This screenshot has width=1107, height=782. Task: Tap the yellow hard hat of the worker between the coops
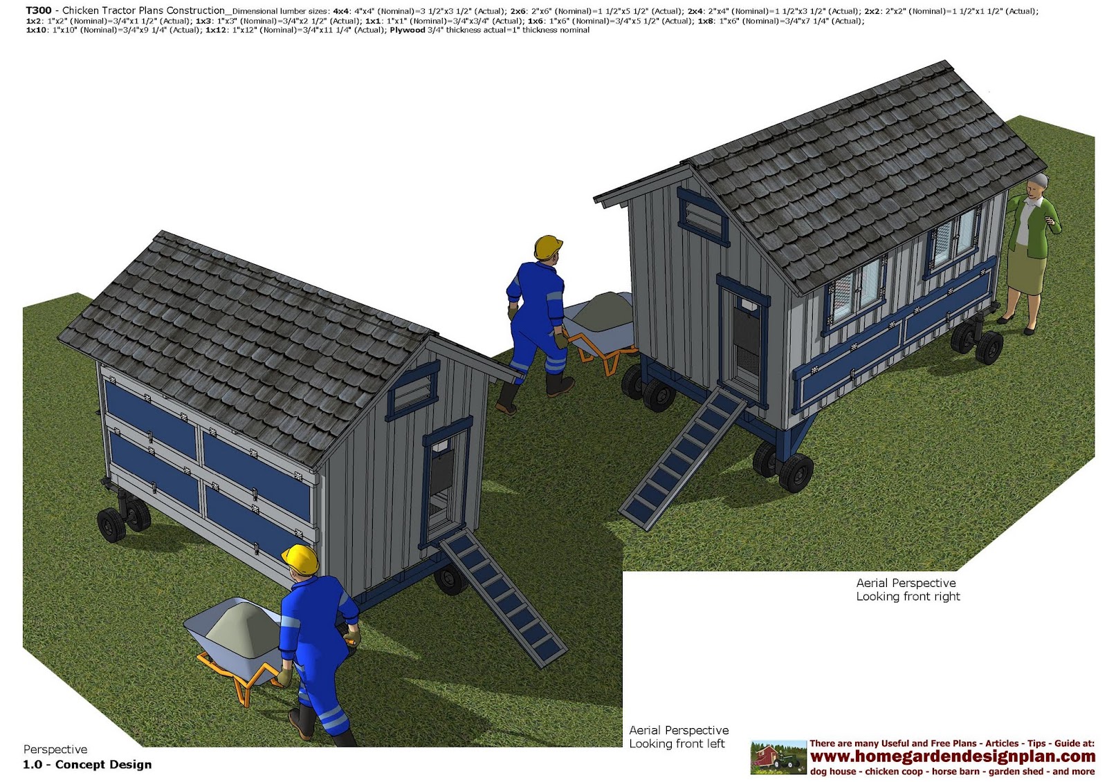pyautogui.click(x=548, y=247)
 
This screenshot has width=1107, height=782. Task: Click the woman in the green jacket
pyautogui.click(x=1030, y=252)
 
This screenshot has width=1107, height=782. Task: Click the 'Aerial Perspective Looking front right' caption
pyautogui.click(x=908, y=590)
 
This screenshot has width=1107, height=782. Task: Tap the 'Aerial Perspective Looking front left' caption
pyautogui.click(x=678, y=737)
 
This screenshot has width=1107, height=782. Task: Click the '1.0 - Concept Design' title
pyautogui.click(x=87, y=764)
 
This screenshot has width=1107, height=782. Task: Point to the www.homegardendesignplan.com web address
pyautogui.click(x=952, y=756)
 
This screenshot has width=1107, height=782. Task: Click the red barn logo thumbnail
pyautogui.click(x=778, y=757)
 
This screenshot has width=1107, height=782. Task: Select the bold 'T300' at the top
pyautogui.click(x=39, y=10)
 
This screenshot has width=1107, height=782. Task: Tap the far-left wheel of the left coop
pyautogui.click(x=111, y=525)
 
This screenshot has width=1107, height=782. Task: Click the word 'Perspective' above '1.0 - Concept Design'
pyautogui.click(x=55, y=750)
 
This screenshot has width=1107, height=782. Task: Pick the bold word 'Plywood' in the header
pyautogui.click(x=407, y=30)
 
